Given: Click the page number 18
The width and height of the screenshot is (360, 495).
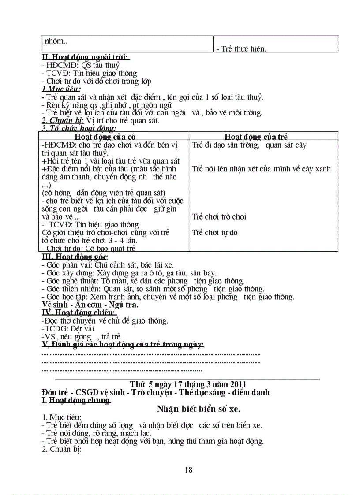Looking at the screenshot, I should pyautogui.click(x=189, y=470).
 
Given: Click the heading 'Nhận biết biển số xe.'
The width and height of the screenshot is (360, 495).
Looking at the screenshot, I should pyautogui.click(x=199, y=409).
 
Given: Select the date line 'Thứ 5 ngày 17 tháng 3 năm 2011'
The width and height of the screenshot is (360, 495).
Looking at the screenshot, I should pyautogui.click(x=188, y=384).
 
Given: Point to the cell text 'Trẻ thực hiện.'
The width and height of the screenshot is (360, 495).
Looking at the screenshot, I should pyautogui.click(x=241, y=49).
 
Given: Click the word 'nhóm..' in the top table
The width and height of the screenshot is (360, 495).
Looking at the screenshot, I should pyautogui.click(x=56, y=41).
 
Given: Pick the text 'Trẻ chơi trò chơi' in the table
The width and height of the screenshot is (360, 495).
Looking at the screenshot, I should pyautogui.click(x=219, y=216).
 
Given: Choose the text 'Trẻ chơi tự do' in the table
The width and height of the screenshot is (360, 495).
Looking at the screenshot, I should pyautogui.click(x=215, y=232).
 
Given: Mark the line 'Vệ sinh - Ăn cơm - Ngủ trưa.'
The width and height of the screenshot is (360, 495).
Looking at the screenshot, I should pyautogui.click(x=90, y=305).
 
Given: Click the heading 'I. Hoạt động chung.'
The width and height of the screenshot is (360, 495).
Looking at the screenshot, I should pyautogui.click(x=76, y=400).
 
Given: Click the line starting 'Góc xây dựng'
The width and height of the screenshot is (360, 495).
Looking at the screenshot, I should pyautogui.click(x=129, y=273).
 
